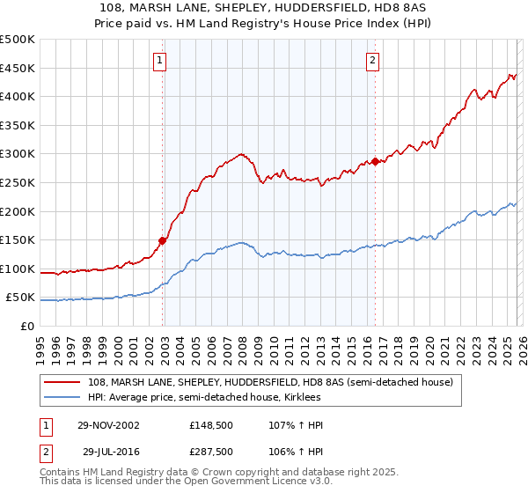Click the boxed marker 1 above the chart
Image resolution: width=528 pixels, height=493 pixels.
159,61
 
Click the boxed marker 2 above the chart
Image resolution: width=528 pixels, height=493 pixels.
372,61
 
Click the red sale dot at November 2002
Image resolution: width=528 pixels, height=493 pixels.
163,240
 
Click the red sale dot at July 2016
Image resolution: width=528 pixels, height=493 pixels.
376,161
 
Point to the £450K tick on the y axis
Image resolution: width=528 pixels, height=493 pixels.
19,69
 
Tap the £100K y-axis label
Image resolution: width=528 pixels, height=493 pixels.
19,269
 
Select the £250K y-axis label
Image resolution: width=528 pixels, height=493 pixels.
19,183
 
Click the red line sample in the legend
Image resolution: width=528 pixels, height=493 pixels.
62,382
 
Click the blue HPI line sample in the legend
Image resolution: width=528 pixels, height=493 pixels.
62,397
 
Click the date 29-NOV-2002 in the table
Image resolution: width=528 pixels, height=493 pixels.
108,425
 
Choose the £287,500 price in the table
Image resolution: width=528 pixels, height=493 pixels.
212,452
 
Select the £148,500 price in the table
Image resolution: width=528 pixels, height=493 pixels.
212,425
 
